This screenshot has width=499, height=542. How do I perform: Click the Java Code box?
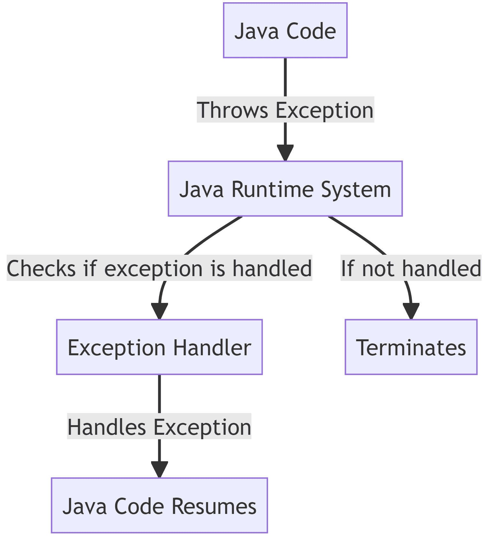coord(285,31)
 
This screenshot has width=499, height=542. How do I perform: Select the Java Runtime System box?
coord(285,189)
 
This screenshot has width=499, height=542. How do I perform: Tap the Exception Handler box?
coord(159,347)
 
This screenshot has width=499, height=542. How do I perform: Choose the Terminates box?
coord(411,347)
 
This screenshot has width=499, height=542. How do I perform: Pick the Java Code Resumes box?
coord(159,506)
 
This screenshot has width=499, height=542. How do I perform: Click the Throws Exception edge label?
coord(285,110)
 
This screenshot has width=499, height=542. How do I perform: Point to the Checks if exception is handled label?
coord(159,268)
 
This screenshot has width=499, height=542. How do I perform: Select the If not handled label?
coord(411,268)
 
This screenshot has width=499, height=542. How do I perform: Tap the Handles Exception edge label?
coord(159,427)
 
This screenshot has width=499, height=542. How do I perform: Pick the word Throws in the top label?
coord(232,110)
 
